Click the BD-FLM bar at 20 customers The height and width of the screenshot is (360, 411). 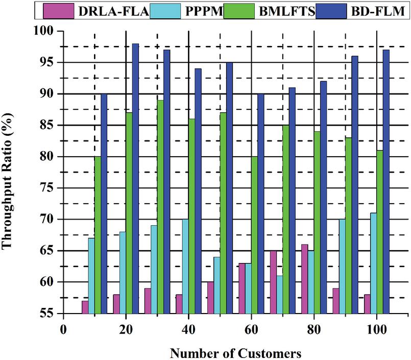coord(135,179)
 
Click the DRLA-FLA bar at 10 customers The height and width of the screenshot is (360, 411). coord(85,307)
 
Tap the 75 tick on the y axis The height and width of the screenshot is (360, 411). coord(49,188)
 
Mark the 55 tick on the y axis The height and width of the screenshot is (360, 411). coord(49,314)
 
